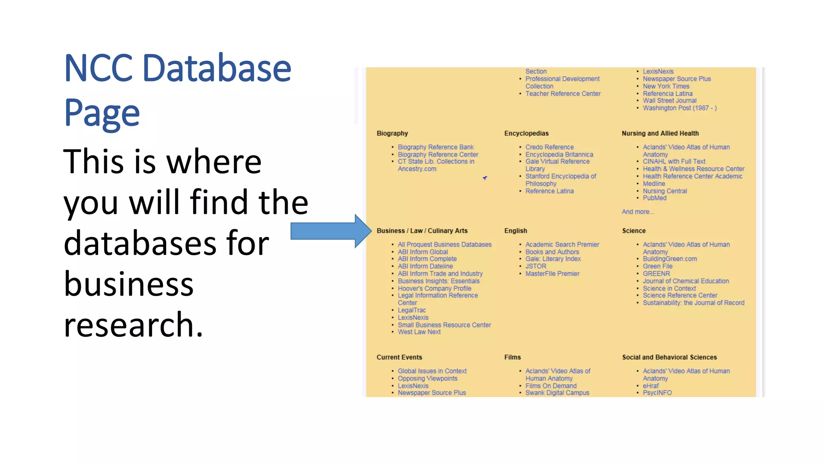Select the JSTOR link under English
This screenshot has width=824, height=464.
pyautogui.click(x=536, y=266)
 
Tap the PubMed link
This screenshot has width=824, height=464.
pyautogui.click(x=654, y=198)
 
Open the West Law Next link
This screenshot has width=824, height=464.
pyautogui.click(x=419, y=332)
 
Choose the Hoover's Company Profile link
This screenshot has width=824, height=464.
pyautogui.click(x=434, y=288)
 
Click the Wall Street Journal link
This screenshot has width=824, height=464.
pyautogui.click(x=669, y=101)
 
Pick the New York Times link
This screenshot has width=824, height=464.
pyautogui.click(x=665, y=86)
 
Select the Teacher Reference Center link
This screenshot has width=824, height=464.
pyautogui.click(x=562, y=93)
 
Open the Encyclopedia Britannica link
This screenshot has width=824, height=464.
pyautogui.click(x=559, y=154)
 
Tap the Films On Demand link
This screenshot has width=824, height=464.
pyautogui.click(x=550, y=385)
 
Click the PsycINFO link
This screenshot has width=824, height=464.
pyautogui.click(x=657, y=393)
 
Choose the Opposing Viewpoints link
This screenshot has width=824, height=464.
pyautogui.click(x=427, y=378)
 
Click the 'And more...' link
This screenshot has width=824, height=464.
pyautogui.click(x=638, y=212)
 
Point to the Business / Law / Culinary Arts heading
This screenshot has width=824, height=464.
pyautogui.click(x=422, y=231)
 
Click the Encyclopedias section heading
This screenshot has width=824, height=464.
pyautogui.click(x=526, y=133)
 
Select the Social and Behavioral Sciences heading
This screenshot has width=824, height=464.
pyautogui.click(x=669, y=357)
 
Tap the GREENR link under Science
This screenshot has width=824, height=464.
pyautogui.click(x=656, y=273)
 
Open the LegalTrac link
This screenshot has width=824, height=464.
pyautogui.click(x=411, y=310)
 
